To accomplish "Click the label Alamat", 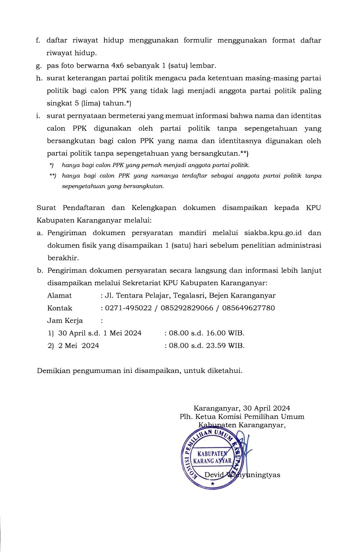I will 59,296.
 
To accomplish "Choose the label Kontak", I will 60,308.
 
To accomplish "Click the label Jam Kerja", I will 65,321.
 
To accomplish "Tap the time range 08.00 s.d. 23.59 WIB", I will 207,346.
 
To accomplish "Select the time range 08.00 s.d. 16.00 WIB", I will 207,333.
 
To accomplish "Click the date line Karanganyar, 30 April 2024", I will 242,409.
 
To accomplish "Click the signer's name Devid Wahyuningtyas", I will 242,475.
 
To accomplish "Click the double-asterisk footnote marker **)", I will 53,176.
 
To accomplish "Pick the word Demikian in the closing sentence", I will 53,371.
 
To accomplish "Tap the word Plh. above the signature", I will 187,417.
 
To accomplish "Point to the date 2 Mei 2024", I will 78,346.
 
